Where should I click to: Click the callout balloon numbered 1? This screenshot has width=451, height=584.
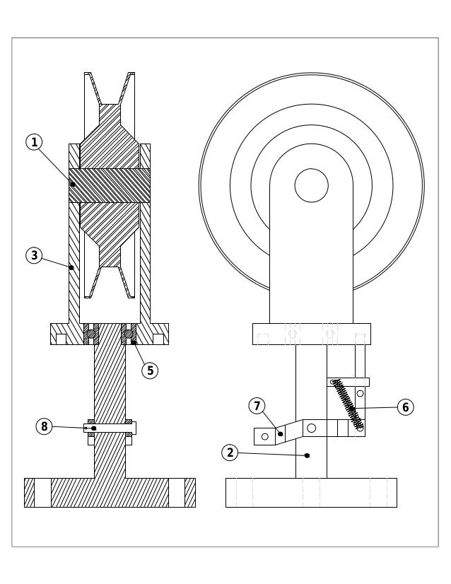click(34, 142)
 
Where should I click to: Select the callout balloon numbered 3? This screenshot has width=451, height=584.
click(34, 255)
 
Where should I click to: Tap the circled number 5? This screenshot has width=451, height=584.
click(150, 370)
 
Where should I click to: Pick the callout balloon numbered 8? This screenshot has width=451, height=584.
click(44, 426)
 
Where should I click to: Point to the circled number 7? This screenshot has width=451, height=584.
click(257, 406)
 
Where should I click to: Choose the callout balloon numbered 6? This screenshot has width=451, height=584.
click(405, 407)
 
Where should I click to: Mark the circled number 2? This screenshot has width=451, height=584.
click(229, 453)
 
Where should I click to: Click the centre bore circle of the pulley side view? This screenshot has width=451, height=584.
click(311, 185)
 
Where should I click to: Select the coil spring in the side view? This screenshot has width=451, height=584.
click(348, 404)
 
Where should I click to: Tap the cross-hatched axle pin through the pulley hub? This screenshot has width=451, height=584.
click(110, 185)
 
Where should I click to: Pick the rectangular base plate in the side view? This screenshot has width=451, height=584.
click(311, 492)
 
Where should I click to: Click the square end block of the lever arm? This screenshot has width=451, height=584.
click(264, 436)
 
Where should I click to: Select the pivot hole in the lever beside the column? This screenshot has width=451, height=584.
click(311, 428)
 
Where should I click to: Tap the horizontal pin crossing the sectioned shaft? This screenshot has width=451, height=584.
click(110, 428)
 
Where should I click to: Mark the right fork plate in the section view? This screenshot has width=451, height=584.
click(145, 233)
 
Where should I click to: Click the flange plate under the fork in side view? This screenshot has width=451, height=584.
click(311, 334)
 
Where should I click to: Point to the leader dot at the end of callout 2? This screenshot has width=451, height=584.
click(307, 455)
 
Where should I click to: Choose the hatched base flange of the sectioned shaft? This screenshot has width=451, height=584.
click(110, 492)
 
